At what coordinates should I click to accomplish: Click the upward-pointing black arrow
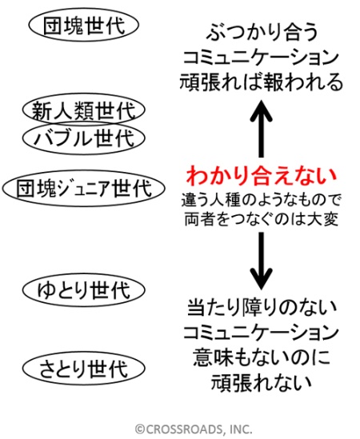[x=261, y=129]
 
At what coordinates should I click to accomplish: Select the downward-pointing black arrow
[x=261, y=261]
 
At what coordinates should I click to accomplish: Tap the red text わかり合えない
[x=261, y=176]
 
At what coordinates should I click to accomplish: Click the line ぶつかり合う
[x=262, y=32]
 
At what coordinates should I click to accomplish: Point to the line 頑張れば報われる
[x=261, y=82]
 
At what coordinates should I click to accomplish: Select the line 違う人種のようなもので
[x=261, y=200]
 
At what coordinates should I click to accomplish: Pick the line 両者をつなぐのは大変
[x=261, y=219]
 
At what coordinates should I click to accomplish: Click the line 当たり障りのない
[x=262, y=308]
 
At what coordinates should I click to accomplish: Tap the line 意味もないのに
[x=262, y=357]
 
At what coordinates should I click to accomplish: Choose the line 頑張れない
[x=262, y=382]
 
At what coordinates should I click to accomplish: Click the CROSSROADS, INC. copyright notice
[x=194, y=429]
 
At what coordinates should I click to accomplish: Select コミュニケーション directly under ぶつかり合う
[x=261, y=57]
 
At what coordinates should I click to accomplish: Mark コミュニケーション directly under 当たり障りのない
[x=261, y=333]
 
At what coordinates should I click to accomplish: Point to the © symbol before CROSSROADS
[x=140, y=429]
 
